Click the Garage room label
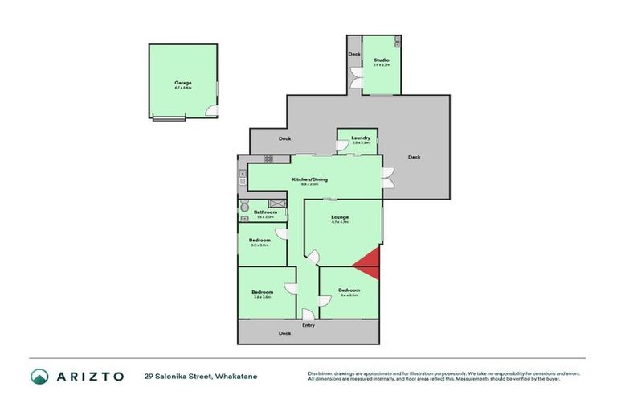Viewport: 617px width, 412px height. pos(182,83)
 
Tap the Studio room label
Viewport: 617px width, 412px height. pos(381,60)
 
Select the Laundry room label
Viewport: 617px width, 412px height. pos(361,138)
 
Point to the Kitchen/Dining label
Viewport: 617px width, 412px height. pos(309,179)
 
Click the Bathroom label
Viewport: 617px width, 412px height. pos(265,212)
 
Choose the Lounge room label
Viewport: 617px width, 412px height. pos(341,217)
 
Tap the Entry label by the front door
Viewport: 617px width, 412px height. pos(308,325)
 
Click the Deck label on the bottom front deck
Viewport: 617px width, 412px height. pos(284,333)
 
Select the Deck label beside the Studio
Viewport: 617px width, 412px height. pos(354,55)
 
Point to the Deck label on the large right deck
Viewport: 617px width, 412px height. pos(414,157)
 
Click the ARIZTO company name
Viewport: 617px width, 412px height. pos(88,376)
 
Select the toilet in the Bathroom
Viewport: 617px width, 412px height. pos(244,206)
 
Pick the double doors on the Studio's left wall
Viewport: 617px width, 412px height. pos(356,83)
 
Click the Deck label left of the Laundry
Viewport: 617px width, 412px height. pos(284,138)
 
